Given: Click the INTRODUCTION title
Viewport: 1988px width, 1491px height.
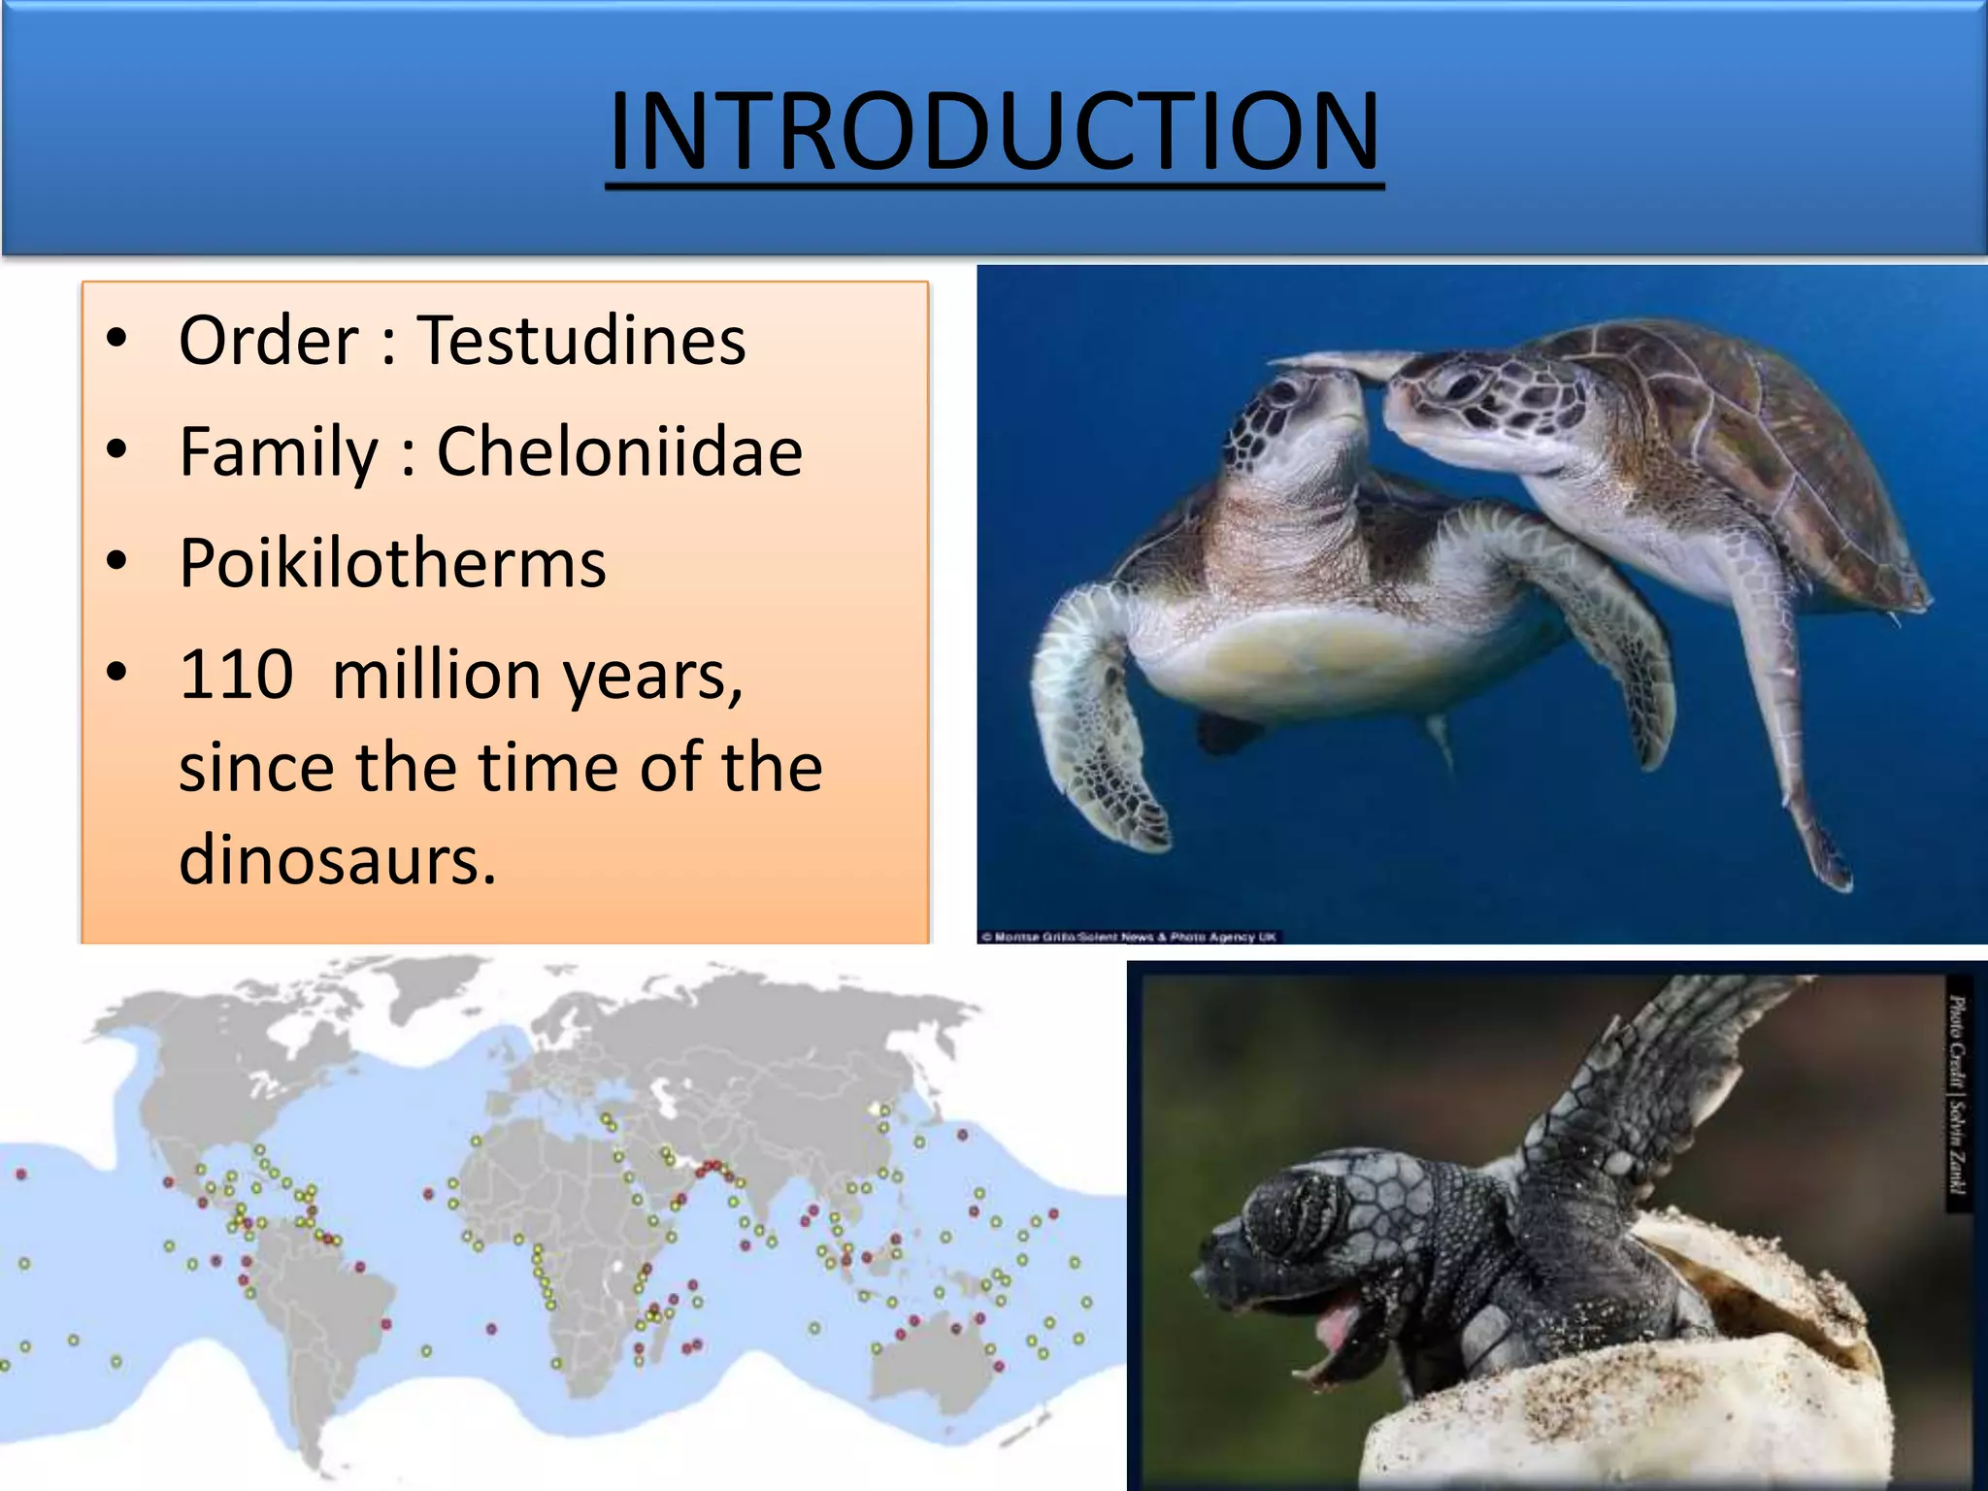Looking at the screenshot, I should coord(994,131).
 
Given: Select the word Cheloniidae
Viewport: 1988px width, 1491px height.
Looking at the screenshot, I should coord(619,452).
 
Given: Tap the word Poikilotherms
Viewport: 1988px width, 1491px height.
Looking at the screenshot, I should coord(393,564).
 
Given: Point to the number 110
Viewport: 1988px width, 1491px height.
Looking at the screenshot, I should coord(236,676).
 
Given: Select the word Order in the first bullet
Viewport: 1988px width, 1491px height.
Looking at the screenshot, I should coord(269,342).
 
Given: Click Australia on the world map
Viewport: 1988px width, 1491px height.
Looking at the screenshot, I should coord(932,1359).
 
